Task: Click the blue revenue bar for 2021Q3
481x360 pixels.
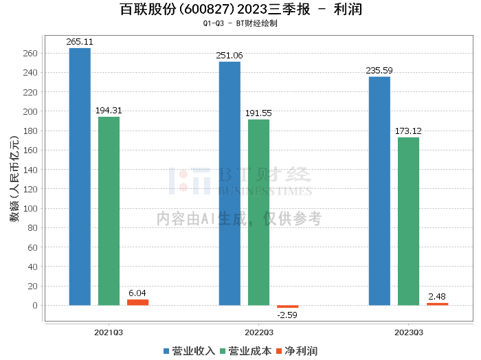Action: coord(80,177)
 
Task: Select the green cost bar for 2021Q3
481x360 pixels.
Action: coord(109,211)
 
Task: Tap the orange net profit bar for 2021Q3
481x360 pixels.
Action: coord(137,302)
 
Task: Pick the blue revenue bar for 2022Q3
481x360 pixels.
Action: coord(230,183)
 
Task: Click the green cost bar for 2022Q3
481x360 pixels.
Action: coord(258,212)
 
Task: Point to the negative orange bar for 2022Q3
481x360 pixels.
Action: coord(287,306)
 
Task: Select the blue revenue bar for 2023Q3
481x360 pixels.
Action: coord(379,191)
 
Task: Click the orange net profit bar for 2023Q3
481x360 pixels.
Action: coord(437,304)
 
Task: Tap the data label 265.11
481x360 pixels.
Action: coord(80,42)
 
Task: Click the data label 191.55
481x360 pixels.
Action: coord(258,113)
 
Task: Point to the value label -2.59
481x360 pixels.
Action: coord(287,315)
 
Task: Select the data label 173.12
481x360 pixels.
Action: coord(408,131)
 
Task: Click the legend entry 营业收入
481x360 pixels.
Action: coord(189,350)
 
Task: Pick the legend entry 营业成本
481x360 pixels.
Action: coord(244,350)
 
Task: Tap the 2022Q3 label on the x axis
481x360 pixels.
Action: coord(258,332)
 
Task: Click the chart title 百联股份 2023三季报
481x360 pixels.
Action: coord(240,10)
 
